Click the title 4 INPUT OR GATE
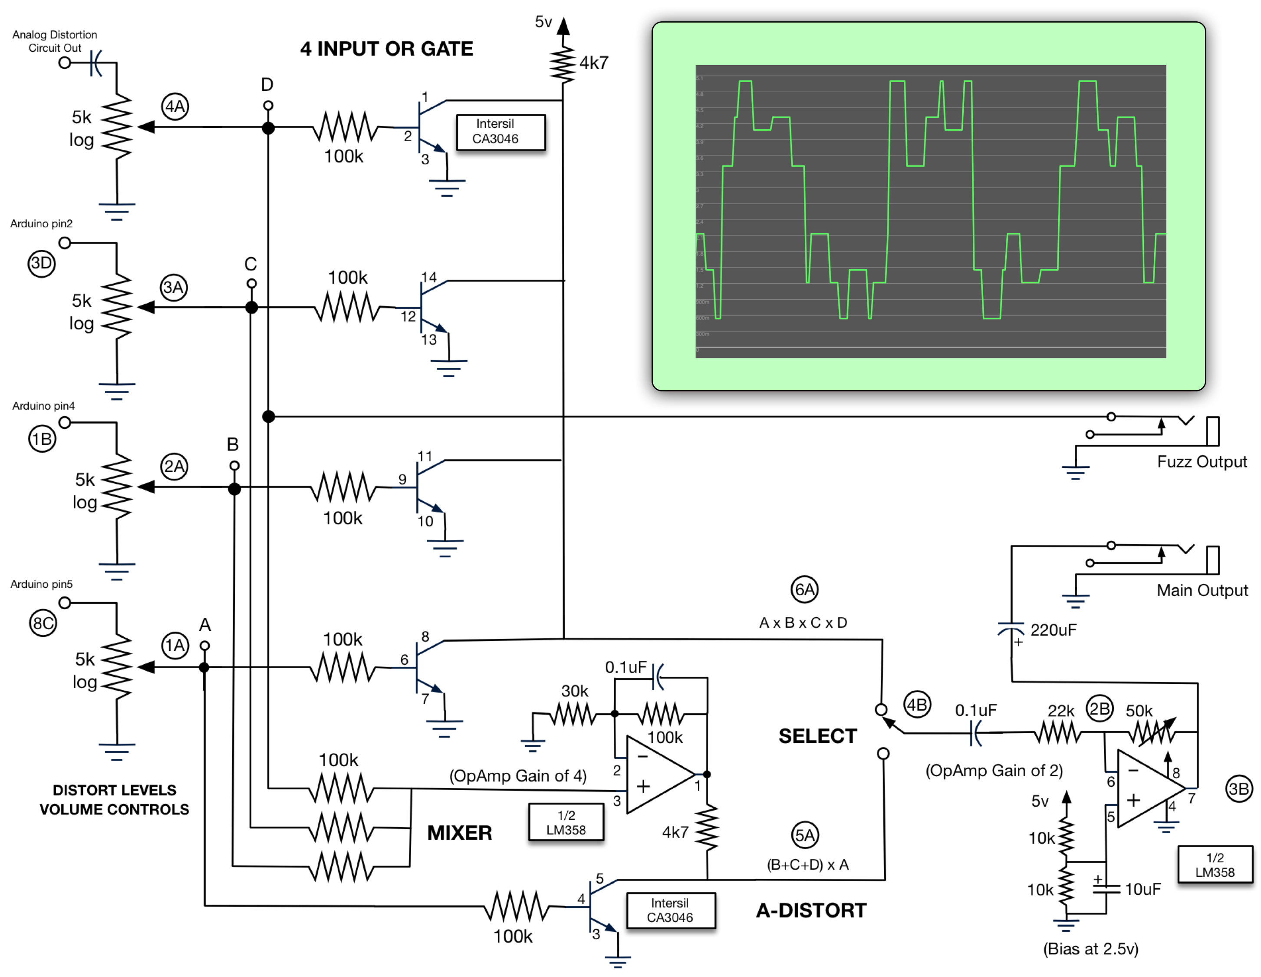386,49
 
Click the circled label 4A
175,106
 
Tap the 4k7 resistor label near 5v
593,63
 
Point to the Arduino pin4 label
43,406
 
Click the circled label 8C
43,623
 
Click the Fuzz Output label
1202,462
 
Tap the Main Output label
1202,590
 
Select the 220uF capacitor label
1053,630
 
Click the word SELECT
817,735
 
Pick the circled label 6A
804,590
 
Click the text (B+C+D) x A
807,864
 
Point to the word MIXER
459,833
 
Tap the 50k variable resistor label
1139,711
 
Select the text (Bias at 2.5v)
1090,949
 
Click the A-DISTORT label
811,911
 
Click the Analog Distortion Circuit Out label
55,41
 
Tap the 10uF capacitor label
1142,889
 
